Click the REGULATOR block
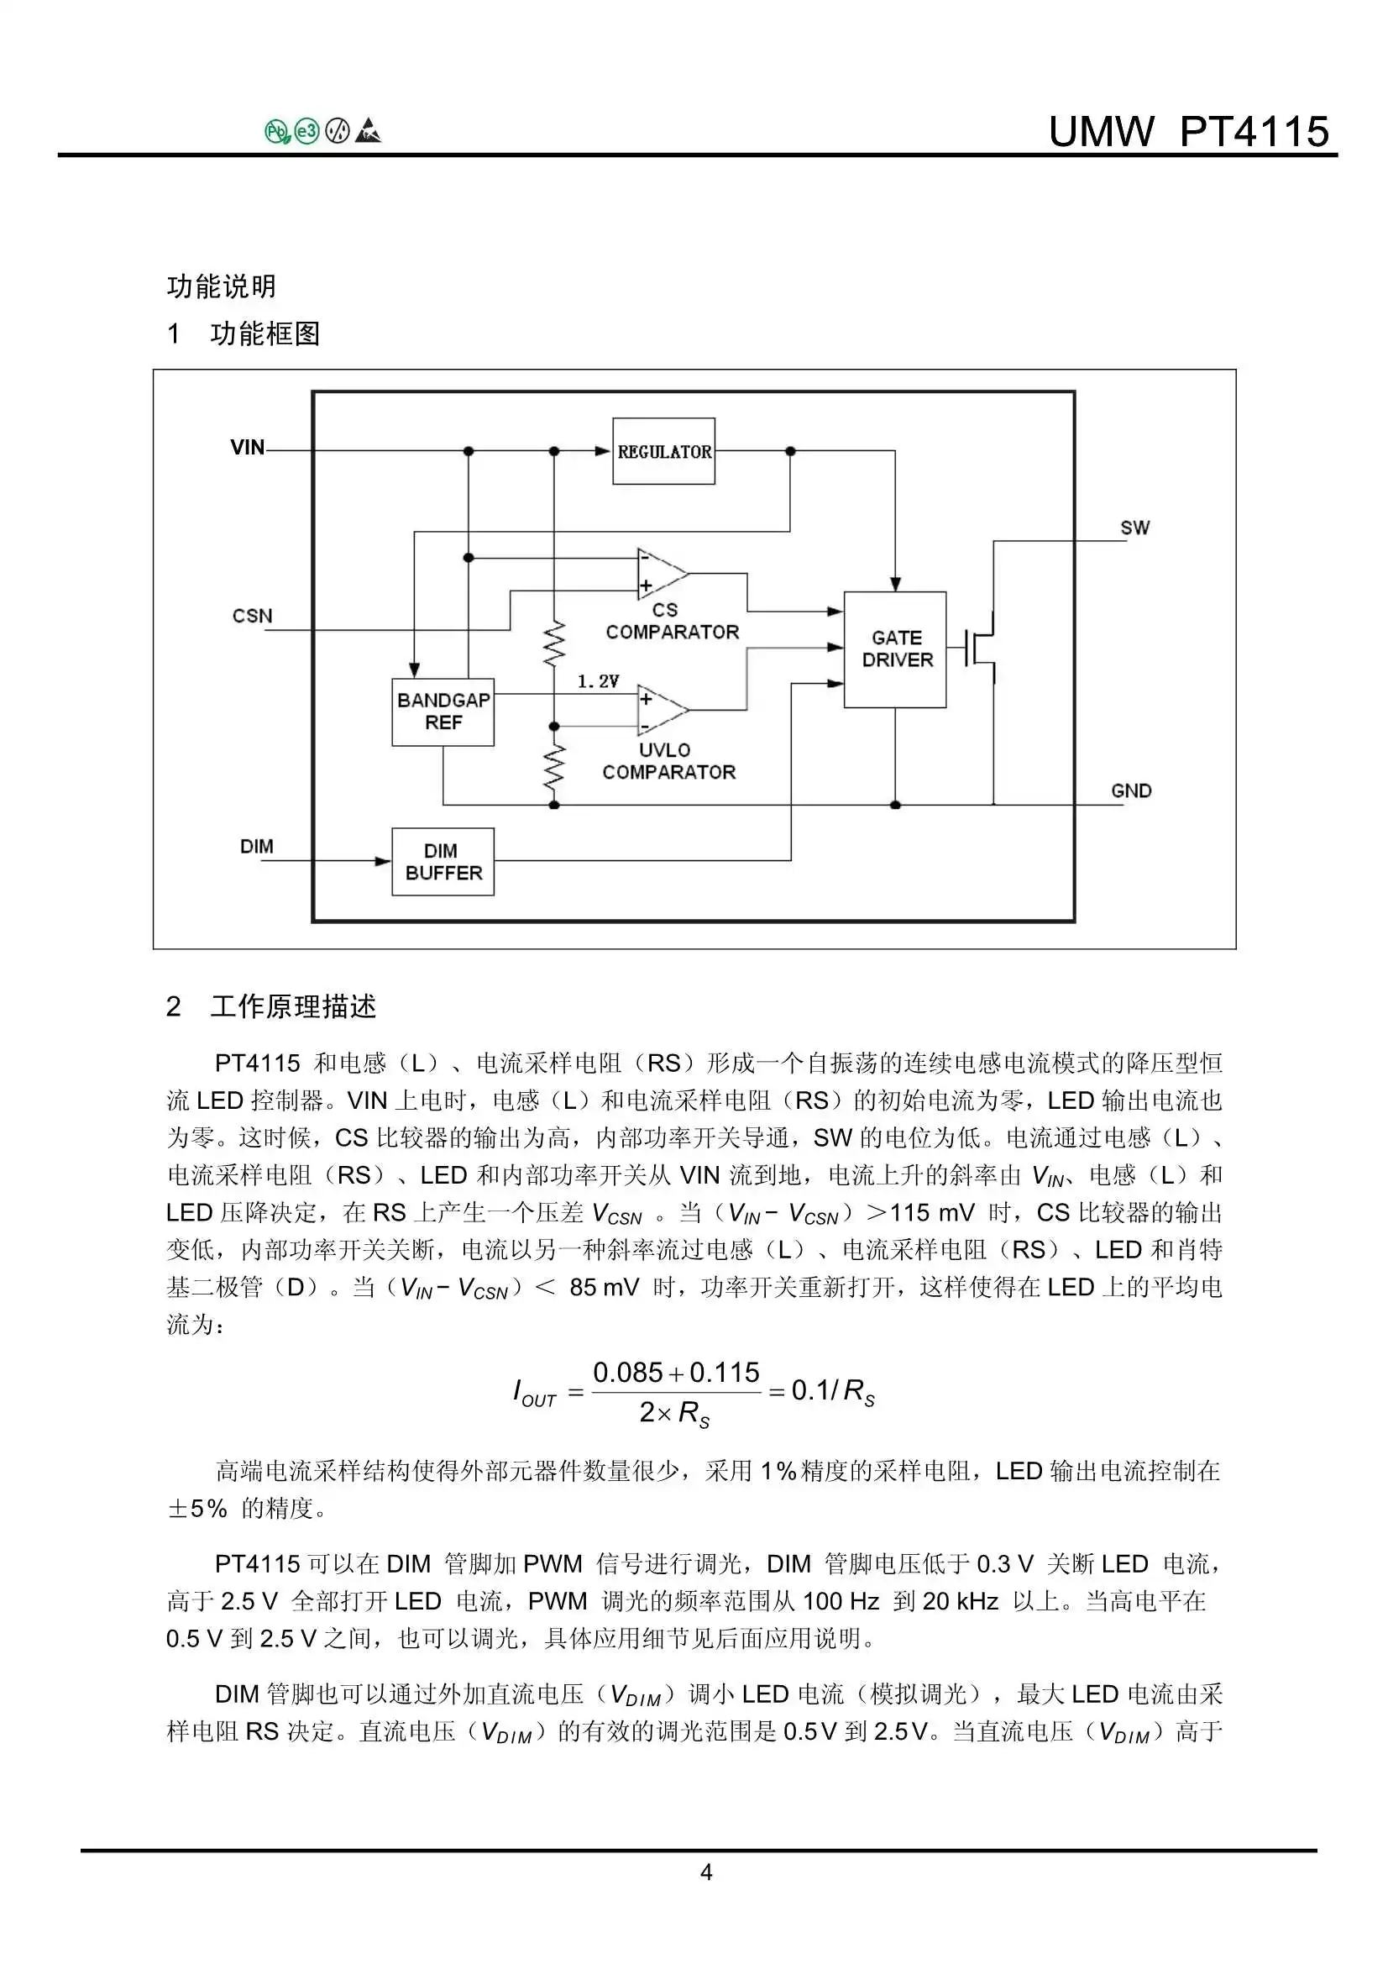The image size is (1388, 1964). pyautogui.click(x=663, y=451)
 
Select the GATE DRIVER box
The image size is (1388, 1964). pyautogui.click(x=894, y=649)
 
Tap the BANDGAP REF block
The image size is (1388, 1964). pyautogui.click(x=443, y=711)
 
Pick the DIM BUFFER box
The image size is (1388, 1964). pyautogui.click(x=443, y=861)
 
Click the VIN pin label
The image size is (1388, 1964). pyautogui.click(x=247, y=448)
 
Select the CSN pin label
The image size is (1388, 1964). pyautogui.click(x=251, y=616)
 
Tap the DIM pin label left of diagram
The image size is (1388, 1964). pyautogui.click(x=257, y=846)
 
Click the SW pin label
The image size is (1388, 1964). pyautogui.click(x=1135, y=528)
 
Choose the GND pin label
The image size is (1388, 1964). pyautogui.click(x=1130, y=790)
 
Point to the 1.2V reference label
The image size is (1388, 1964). pyautogui.click(x=598, y=681)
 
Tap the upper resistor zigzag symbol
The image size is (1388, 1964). pyautogui.click(x=554, y=643)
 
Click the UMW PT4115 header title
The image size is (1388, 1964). pyautogui.click(x=1188, y=132)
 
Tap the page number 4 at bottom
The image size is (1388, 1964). pyautogui.click(x=705, y=1872)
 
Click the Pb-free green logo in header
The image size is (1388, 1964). pyautogui.click(x=277, y=132)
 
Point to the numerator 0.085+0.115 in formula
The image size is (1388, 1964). pyautogui.click(x=676, y=1372)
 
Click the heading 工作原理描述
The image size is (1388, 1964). pyautogui.click(x=292, y=1006)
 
